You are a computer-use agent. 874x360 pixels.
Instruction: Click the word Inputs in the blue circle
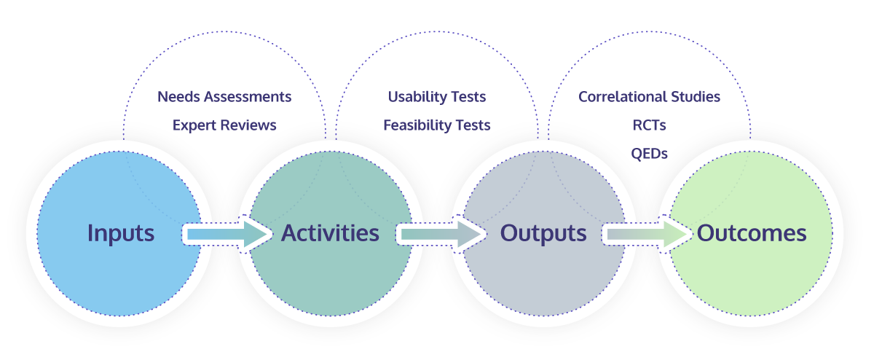(121, 233)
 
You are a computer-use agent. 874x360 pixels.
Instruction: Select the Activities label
(330, 233)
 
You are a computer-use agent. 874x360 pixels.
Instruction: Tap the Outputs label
(543, 233)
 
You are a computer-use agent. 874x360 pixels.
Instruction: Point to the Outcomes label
(752, 233)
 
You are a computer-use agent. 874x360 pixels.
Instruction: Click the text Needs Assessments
(224, 96)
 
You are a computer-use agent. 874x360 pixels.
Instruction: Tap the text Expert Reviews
(224, 125)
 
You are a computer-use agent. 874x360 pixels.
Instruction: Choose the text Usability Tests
(437, 96)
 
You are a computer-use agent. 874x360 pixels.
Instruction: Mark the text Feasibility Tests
(437, 125)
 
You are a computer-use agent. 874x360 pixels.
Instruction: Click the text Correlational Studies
(649, 96)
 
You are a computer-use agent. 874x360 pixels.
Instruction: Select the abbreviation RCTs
(649, 125)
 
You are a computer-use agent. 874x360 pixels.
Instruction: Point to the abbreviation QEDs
(649, 154)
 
